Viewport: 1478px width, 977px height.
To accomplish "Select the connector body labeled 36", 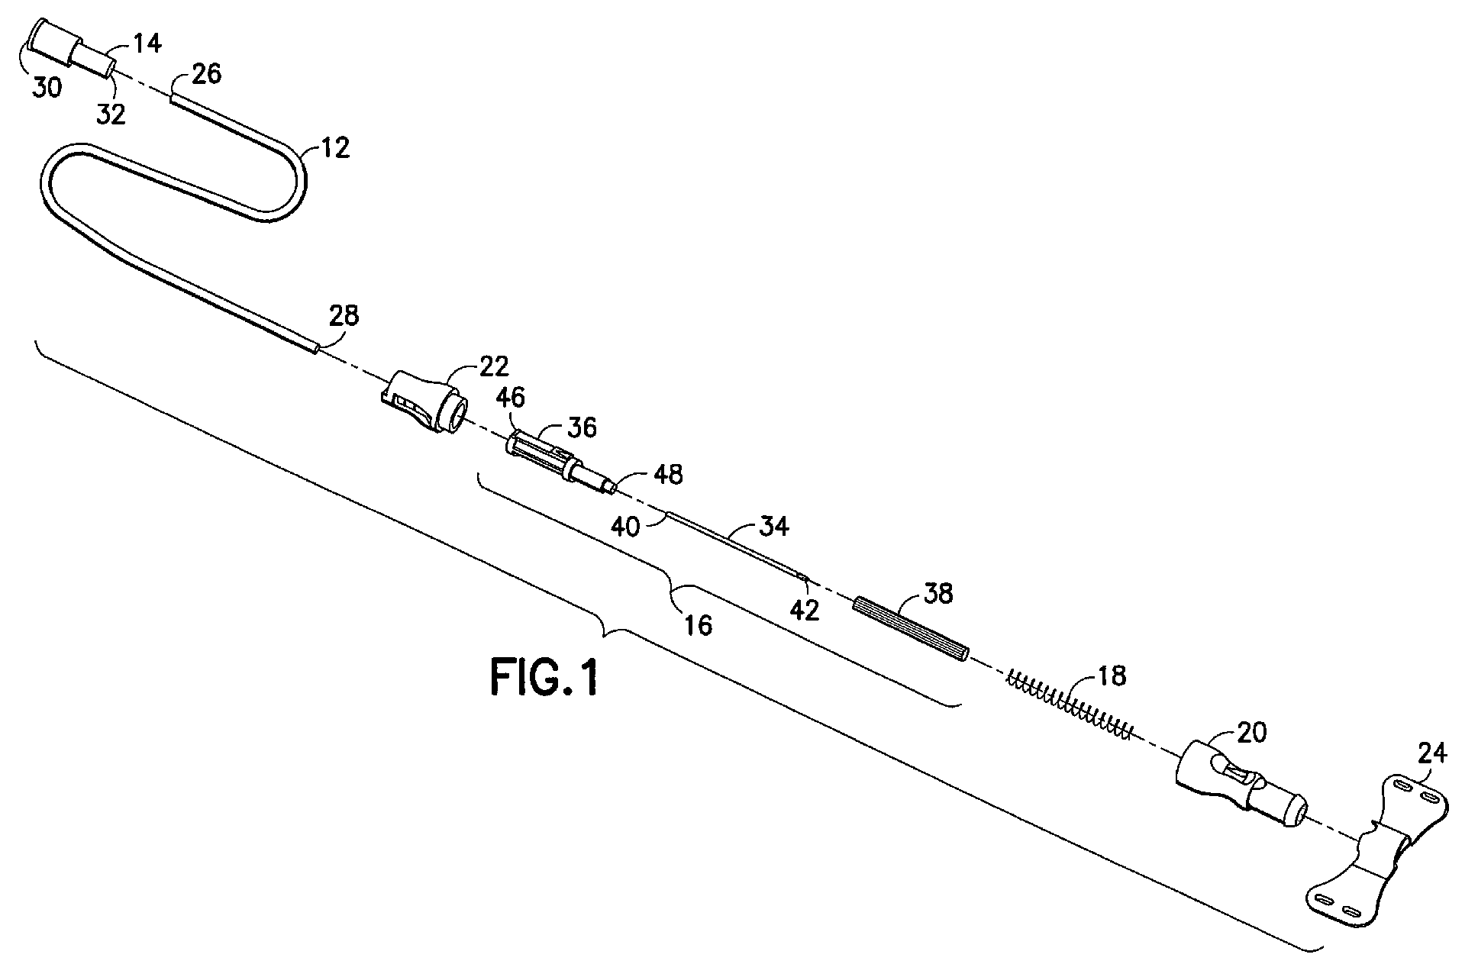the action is [x=560, y=463].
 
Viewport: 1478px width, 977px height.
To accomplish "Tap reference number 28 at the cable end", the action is [x=343, y=315].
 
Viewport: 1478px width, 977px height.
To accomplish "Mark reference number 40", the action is [x=625, y=526].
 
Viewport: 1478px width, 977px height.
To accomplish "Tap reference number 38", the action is [x=937, y=593].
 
